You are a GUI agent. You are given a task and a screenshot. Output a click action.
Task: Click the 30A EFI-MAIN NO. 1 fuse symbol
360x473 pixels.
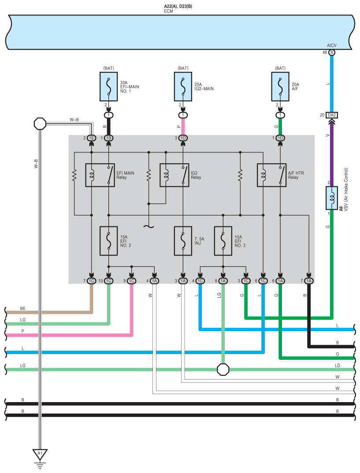(108, 85)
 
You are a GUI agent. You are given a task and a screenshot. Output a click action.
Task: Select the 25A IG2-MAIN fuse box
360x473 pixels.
(183, 85)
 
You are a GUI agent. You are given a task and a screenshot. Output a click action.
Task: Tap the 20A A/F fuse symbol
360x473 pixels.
(280, 85)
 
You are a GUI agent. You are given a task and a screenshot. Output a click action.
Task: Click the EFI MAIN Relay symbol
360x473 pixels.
(100, 175)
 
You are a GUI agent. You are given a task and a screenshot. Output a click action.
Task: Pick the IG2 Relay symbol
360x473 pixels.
(174, 175)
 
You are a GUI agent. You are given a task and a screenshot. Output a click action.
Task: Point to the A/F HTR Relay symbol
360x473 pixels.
(271, 175)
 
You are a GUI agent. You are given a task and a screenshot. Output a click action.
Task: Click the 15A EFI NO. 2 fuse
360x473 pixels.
(108, 241)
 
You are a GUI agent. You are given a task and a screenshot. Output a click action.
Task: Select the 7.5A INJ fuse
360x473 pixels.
(183, 241)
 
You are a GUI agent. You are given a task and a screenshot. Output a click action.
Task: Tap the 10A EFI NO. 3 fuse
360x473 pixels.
(223, 241)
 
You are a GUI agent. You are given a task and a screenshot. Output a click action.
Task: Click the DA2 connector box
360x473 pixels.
(332, 115)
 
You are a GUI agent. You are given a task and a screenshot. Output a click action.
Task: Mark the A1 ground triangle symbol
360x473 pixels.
(40, 454)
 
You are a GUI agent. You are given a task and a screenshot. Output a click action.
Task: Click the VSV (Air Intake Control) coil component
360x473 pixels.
(332, 198)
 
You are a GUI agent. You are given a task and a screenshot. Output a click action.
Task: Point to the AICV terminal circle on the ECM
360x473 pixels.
(332, 52)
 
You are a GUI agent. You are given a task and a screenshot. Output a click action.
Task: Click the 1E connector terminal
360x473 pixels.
(91, 138)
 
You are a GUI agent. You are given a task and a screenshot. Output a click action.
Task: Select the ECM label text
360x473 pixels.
(168, 11)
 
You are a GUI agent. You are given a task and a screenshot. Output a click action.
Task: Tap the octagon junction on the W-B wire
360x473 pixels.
(40, 123)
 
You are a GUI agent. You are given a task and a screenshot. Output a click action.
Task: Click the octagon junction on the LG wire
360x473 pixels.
(223, 369)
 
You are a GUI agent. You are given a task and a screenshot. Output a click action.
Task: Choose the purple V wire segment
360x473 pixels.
(332, 150)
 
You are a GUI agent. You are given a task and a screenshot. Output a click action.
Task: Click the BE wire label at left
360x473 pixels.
(23, 308)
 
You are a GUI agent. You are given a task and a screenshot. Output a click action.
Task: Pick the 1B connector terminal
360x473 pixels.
(108, 138)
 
